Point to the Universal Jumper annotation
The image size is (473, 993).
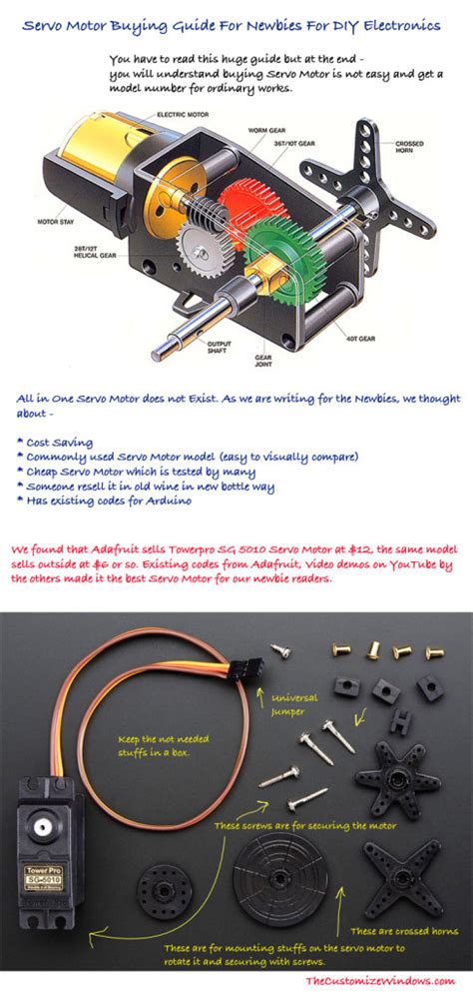coord(294,705)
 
